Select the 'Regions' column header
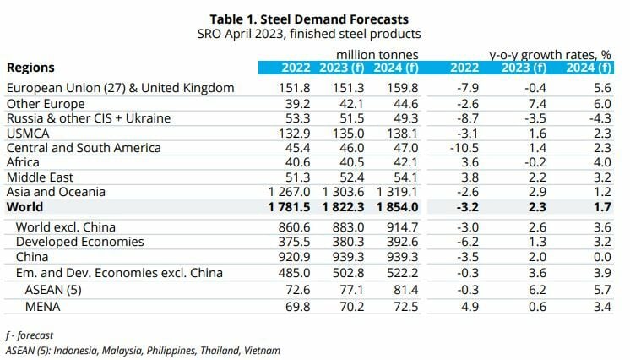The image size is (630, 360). click(x=30, y=68)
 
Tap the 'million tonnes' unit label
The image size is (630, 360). click(x=376, y=55)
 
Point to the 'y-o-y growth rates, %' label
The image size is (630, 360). click(x=551, y=55)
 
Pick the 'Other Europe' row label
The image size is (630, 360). click(x=41, y=102)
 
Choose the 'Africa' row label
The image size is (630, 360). click(x=23, y=162)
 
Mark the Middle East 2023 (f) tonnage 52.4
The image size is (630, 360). click(x=349, y=177)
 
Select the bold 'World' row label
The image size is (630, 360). click(x=26, y=207)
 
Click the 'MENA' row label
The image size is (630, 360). click(x=44, y=303)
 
